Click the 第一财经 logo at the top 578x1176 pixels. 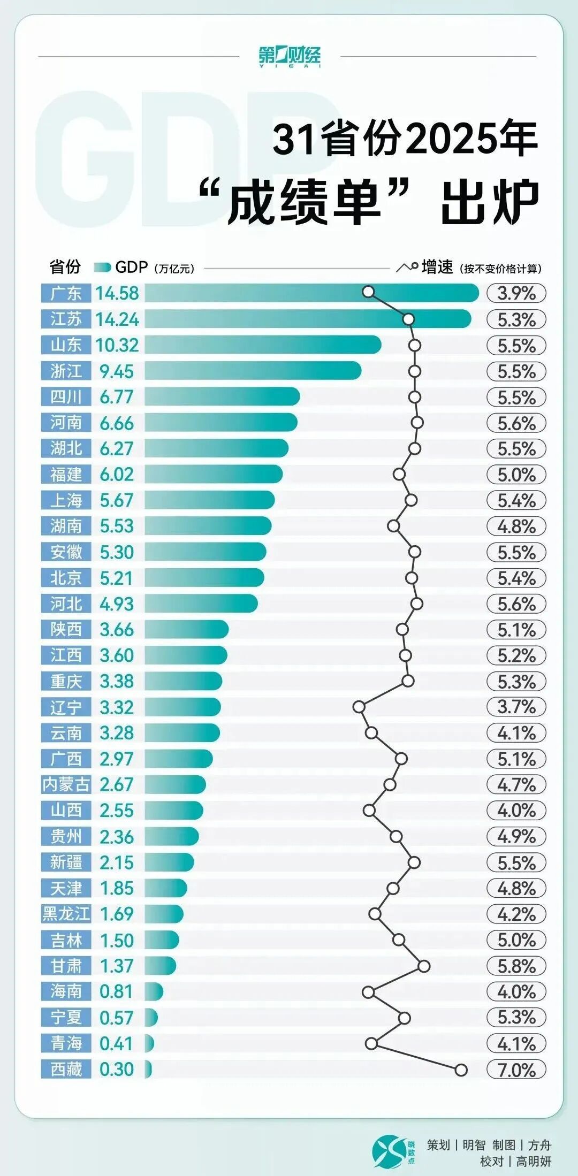tap(290, 56)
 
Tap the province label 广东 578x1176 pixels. tap(66, 293)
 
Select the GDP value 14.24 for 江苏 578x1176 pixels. tap(117, 319)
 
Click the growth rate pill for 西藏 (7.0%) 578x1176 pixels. tap(516, 1070)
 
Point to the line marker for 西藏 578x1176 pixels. tap(461, 1070)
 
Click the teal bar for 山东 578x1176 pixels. tap(262, 345)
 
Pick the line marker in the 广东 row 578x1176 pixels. tap(368, 292)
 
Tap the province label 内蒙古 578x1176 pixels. tap(66, 784)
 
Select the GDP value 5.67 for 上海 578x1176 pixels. tap(117, 500)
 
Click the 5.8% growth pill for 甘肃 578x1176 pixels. tap(516, 966)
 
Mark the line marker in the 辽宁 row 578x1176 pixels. tap(359, 707)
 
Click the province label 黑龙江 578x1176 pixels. tap(66, 914)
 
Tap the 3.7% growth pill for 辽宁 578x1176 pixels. tap(516, 707)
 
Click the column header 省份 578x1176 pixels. tap(65, 267)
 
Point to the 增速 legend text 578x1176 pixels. tap(437, 267)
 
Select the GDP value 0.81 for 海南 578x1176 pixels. tap(117, 991)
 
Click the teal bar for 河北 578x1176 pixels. tap(201, 604)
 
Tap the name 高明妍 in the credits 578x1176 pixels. tap(533, 1161)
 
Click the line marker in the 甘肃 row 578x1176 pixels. tap(424, 966)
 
